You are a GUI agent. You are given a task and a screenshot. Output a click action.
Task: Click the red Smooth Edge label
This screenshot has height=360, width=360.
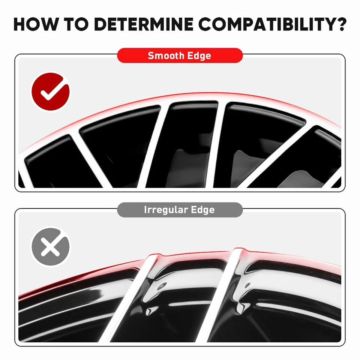click(x=180, y=55)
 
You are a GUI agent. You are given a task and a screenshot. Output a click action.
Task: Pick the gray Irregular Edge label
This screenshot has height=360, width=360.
click(x=180, y=210)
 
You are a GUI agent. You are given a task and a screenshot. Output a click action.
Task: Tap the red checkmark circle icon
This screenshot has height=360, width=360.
click(x=50, y=92)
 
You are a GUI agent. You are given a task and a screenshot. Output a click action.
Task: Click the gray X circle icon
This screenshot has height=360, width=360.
click(x=50, y=247)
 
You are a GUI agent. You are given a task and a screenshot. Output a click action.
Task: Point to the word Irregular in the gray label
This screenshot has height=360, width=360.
click(x=166, y=210)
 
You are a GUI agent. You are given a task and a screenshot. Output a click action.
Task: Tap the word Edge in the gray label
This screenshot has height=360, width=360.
click(x=203, y=210)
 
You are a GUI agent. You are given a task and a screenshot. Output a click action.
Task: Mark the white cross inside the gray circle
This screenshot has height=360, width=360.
click(x=50, y=247)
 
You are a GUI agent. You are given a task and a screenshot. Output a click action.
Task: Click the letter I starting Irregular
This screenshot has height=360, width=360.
click(x=145, y=210)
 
